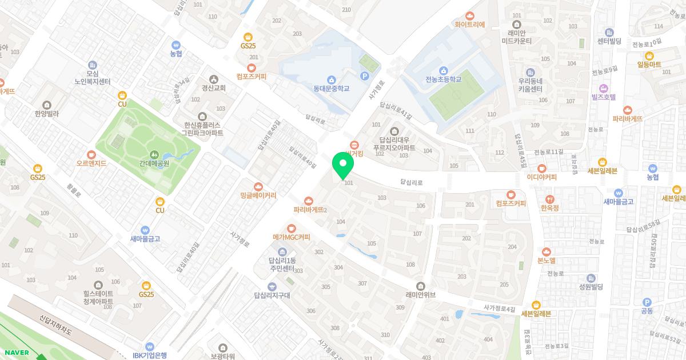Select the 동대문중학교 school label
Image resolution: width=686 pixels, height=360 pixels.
[x=331, y=89]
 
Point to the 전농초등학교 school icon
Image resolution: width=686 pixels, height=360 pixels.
[x=443, y=70]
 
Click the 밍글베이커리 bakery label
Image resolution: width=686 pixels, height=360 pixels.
[x=258, y=195]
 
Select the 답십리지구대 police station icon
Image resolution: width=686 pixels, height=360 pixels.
[x=272, y=286]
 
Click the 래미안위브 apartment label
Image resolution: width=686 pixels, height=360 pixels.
[x=421, y=295]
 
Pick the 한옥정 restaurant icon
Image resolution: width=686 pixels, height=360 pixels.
[x=549, y=199]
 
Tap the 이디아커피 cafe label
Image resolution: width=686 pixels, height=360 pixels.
[x=541, y=177]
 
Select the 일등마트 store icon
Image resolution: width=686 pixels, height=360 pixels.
[x=649, y=55]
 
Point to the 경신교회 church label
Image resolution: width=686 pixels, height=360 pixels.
[x=214, y=88]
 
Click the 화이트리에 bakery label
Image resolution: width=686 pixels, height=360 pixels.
[x=469, y=25]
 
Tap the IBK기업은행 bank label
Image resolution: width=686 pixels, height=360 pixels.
[x=149, y=355]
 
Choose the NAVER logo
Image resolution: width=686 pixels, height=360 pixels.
[x=16, y=353]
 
